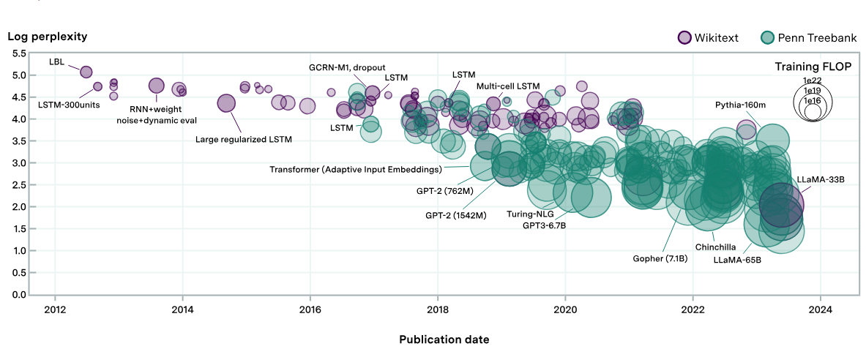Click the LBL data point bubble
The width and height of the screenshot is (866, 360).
point(86,72)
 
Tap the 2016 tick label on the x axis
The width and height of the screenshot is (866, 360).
point(310,309)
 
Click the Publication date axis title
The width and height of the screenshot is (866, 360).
point(444,340)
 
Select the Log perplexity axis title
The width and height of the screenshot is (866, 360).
point(48,36)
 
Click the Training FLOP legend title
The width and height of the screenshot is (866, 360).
point(813,67)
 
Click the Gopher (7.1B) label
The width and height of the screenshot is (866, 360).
point(660,258)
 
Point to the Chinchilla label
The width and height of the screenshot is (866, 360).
point(715,247)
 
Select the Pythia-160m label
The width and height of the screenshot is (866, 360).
point(743,105)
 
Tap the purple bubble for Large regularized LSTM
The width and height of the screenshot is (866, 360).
point(227,104)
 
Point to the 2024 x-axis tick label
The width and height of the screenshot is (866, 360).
point(821,309)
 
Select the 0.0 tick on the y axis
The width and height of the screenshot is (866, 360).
point(18,295)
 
